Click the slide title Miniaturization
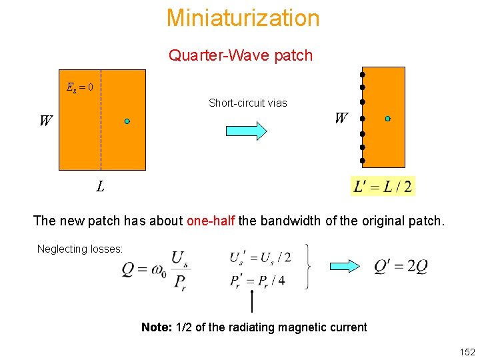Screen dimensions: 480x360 [243, 18]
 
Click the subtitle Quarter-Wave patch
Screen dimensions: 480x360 [241, 55]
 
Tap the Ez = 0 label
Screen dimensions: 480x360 [80, 87]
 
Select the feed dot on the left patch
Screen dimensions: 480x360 [127, 121]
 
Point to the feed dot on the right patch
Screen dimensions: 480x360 [388, 119]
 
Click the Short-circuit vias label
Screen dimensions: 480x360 [247, 103]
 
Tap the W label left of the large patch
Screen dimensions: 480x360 [45, 121]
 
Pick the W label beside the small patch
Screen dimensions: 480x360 [341, 119]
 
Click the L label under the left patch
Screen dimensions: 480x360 [100, 187]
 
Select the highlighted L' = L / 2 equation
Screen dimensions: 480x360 [383, 186]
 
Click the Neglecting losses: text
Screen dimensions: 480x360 [80, 249]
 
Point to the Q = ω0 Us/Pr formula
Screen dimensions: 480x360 [153, 269]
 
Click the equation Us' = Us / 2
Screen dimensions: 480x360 [259, 257]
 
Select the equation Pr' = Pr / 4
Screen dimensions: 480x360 [257, 280]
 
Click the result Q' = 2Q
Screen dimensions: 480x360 [401, 267]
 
